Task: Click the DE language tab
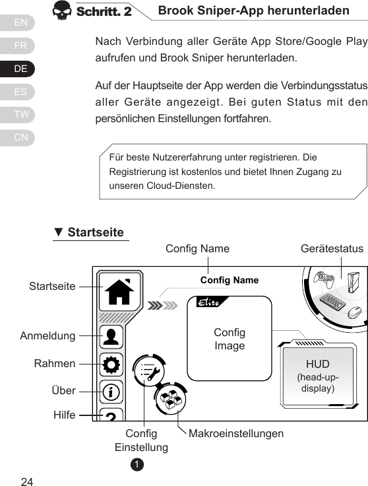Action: point(21,69)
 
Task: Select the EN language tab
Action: point(21,24)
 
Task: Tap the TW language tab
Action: point(21,114)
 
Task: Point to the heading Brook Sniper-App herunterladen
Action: point(253,11)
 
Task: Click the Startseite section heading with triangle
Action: point(89,232)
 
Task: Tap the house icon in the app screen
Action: point(119,291)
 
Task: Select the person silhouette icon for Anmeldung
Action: point(111,337)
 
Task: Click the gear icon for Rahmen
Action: point(111,364)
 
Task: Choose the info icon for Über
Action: point(111,391)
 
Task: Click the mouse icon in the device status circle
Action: point(355,312)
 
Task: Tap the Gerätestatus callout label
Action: point(332,249)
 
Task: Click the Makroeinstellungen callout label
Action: point(236,434)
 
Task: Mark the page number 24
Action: point(27,479)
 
